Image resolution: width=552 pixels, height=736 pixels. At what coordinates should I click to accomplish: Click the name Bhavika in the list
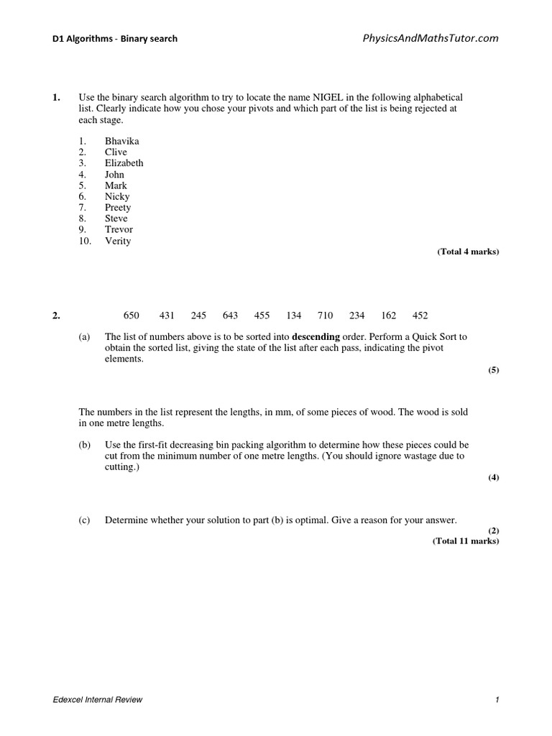click(121, 141)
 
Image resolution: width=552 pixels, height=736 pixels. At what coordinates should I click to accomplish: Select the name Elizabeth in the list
click(124, 163)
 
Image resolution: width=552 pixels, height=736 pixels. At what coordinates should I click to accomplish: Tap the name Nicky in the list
click(117, 196)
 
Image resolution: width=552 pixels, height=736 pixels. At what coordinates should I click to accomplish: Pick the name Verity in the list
click(118, 241)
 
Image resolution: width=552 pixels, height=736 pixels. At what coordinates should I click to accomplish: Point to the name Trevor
click(119, 230)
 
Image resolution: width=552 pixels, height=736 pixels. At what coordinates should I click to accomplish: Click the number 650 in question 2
click(132, 316)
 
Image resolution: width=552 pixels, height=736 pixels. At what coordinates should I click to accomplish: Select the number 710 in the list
click(325, 316)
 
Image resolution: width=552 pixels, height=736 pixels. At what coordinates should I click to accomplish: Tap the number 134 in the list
click(293, 316)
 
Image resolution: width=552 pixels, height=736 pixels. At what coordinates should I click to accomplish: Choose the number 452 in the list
click(420, 316)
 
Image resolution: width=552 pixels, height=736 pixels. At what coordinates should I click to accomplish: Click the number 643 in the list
click(230, 316)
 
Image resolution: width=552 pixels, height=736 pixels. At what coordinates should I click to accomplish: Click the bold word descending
click(316, 336)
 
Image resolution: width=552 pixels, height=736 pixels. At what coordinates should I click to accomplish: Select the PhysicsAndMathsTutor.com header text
click(431, 38)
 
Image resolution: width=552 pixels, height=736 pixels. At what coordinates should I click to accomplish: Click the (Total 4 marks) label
click(468, 252)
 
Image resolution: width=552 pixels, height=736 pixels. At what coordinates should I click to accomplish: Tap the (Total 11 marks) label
click(465, 541)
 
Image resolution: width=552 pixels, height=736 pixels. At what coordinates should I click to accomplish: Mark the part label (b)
click(84, 445)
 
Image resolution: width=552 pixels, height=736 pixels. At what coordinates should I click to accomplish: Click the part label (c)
click(84, 520)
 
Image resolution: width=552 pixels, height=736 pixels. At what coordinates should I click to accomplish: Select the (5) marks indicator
click(493, 370)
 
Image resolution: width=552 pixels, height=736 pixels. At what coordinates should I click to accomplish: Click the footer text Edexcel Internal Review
click(98, 700)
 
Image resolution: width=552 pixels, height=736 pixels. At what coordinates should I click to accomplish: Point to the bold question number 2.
click(56, 316)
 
